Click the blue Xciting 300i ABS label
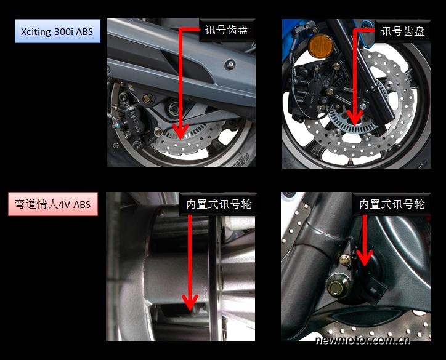pyautogui.click(x=57, y=31)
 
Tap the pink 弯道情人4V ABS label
pyautogui.click(x=53, y=204)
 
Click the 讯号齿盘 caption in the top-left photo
pyautogui.click(x=227, y=30)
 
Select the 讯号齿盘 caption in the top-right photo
pyautogui.click(x=403, y=31)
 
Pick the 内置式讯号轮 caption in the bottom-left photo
pyautogui.click(x=219, y=204)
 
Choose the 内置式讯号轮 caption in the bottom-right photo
pyautogui.click(x=392, y=204)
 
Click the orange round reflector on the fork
pyautogui.click(x=321, y=46)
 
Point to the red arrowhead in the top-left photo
pyautogui.click(x=180, y=132)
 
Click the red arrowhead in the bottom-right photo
pyautogui.click(x=365, y=258)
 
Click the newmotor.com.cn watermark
pyautogui.click(x=363, y=340)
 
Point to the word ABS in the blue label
pyautogui.click(x=84, y=31)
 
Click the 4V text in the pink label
pyautogui.click(x=65, y=204)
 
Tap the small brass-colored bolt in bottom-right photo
pyautogui.click(x=344, y=260)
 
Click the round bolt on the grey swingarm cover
pyautogui.click(x=230, y=65)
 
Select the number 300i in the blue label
pyautogui.click(x=63, y=31)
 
